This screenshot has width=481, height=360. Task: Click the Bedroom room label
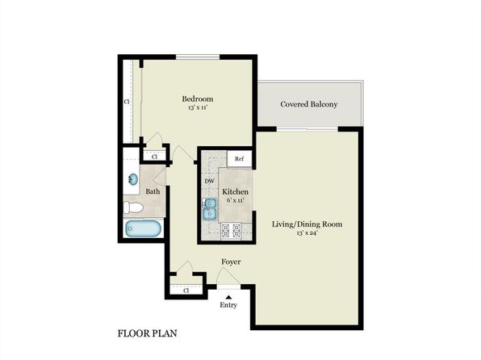[x=197, y=98]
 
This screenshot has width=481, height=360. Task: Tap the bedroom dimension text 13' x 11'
[x=197, y=107]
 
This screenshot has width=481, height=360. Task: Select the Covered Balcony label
[x=308, y=104]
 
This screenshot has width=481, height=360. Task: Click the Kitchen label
[x=224, y=191]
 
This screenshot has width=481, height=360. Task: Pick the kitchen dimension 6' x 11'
[x=224, y=200]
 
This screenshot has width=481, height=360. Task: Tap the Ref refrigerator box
[x=239, y=160]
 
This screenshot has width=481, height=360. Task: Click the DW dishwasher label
[x=209, y=181]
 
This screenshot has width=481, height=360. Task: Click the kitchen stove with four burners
[x=232, y=231]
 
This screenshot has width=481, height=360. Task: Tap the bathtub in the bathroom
[x=143, y=228]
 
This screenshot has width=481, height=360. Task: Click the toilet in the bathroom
[x=134, y=208]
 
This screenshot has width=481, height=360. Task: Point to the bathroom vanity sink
[x=132, y=178]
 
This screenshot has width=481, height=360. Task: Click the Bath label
[x=153, y=191]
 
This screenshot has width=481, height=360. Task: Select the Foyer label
[x=232, y=262]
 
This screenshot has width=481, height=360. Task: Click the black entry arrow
[x=228, y=296]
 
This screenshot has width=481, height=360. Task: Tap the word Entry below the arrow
[x=228, y=305]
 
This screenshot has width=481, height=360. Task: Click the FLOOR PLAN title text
[x=148, y=333]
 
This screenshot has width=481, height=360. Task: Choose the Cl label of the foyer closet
[x=186, y=289]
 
